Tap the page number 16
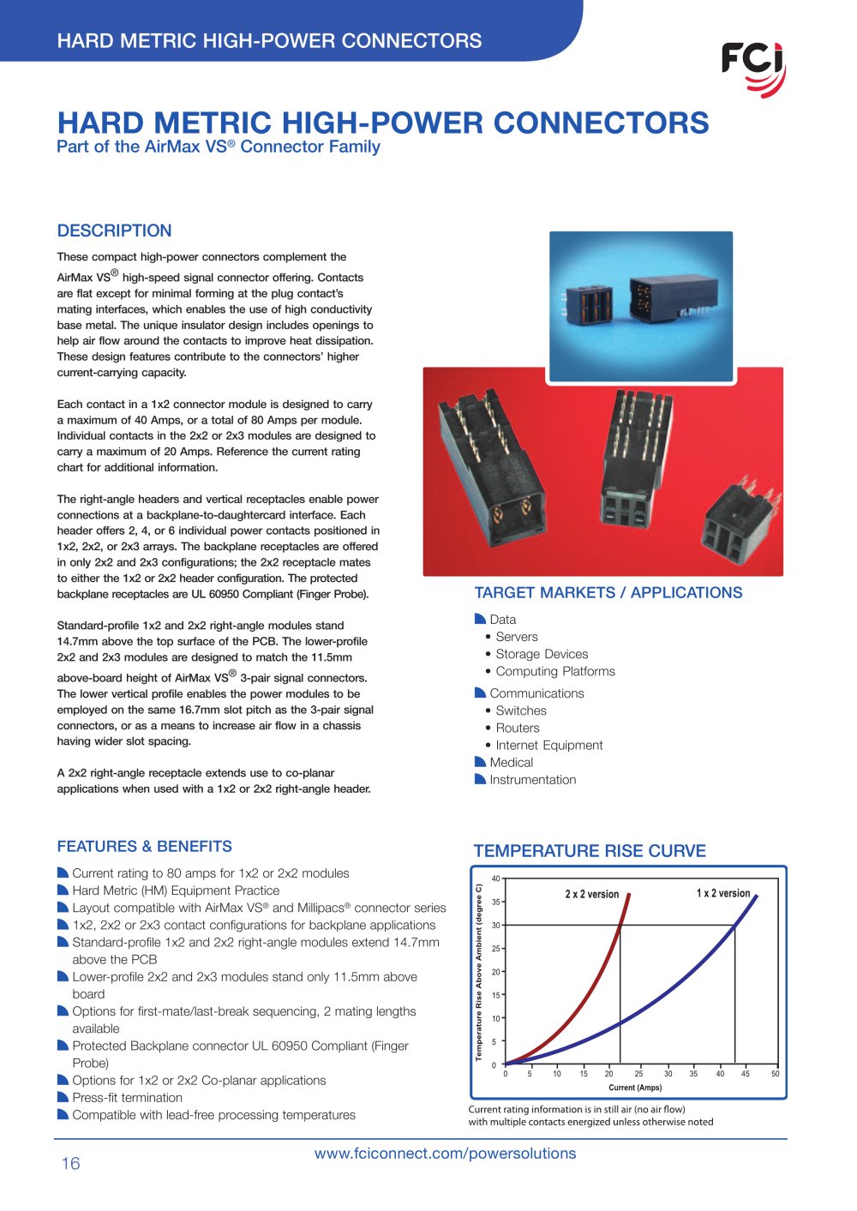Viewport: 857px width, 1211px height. pos(71,1163)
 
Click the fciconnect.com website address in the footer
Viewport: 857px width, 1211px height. pos(445,1154)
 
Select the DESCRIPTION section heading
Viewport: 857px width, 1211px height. pos(114,231)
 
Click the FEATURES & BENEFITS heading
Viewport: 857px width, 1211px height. pos(144,846)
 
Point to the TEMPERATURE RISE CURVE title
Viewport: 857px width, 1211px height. pos(590,850)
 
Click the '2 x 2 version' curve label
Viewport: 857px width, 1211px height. pos(591,894)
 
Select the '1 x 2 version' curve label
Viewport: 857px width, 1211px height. pos(723,892)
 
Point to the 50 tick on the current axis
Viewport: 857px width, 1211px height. pos(775,1073)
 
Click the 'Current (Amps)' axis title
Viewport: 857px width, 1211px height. pos(635,1087)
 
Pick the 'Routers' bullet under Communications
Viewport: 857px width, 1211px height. pos(518,728)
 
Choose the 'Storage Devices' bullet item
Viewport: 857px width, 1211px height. pos(542,654)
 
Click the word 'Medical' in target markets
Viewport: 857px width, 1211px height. pos(511,762)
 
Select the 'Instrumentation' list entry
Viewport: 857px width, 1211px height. pos(532,780)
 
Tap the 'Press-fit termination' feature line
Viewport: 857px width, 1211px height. pos(127,1098)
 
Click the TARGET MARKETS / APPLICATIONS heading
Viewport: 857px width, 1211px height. pos(608,592)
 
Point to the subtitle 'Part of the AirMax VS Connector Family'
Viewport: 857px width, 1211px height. pos(219,147)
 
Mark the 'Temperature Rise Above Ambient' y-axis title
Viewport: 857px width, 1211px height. pos(478,972)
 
